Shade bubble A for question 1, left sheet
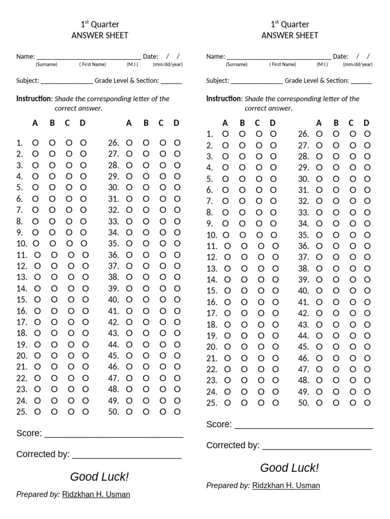(x=35, y=143)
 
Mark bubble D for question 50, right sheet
(x=367, y=402)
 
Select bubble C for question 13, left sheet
(x=71, y=277)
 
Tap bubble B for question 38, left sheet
(x=146, y=277)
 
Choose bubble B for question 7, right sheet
(x=242, y=201)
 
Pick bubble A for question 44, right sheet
(x=319, y=336)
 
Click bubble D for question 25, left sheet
(x=85, y=412)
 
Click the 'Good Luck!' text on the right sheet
(x=289, y=468)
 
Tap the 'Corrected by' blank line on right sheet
(x=316, y=446)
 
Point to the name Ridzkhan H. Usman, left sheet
(x=96, y=494)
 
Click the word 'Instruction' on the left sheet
(x=34, y=99)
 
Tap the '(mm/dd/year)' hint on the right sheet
(x=357, y=65)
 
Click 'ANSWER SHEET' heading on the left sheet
(x=100, y=35)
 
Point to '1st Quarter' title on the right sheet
(x=289, y=24)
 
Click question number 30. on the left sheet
(x=114, y=188)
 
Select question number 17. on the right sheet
(x=212, y=313)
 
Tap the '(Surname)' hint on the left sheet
(x=46, y=65)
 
